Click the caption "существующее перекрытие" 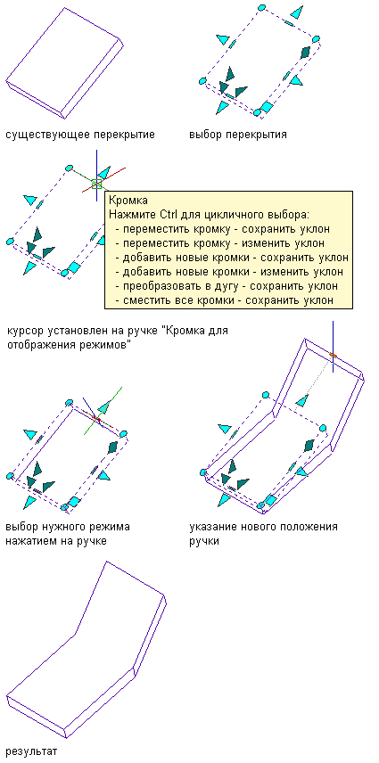(80, 135)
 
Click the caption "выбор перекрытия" (238, 135)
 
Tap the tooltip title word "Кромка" (128, 200)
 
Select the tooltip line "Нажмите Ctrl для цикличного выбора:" (210, 214)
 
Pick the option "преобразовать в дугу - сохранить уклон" (227, 286)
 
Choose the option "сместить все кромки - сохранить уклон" (225, 300)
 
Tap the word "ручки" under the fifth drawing (204, 541)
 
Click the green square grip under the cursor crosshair (96, 184)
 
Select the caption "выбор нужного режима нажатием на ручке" (68, 533)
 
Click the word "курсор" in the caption (24, 331)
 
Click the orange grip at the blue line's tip (334, 356)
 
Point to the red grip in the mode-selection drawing (96, 419)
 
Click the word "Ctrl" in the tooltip (168, 214)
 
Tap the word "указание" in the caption (211, 527)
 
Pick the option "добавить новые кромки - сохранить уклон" (233, 257)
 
